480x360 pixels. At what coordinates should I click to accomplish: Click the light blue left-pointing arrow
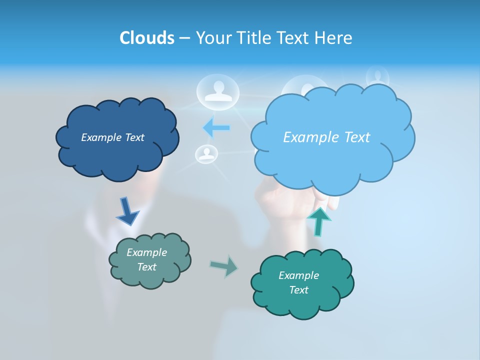(x=216, y=127)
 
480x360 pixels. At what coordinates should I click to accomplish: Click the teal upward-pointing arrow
(x=318, y=221)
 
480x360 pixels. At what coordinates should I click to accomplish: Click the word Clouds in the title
(x=146, y=38)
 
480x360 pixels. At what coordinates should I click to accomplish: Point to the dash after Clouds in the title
(x=184, y=38)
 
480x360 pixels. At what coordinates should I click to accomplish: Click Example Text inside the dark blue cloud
(x=112, y=137)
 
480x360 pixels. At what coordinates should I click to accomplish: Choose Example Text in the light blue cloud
(x=326, y=137)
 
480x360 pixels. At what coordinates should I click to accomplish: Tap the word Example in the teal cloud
(x=298, y=275)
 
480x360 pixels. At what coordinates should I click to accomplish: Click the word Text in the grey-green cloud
(x=146, y=267)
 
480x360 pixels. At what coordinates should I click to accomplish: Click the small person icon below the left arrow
(x=205, y=154)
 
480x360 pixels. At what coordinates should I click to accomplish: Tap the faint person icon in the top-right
(x=377, y=76)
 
